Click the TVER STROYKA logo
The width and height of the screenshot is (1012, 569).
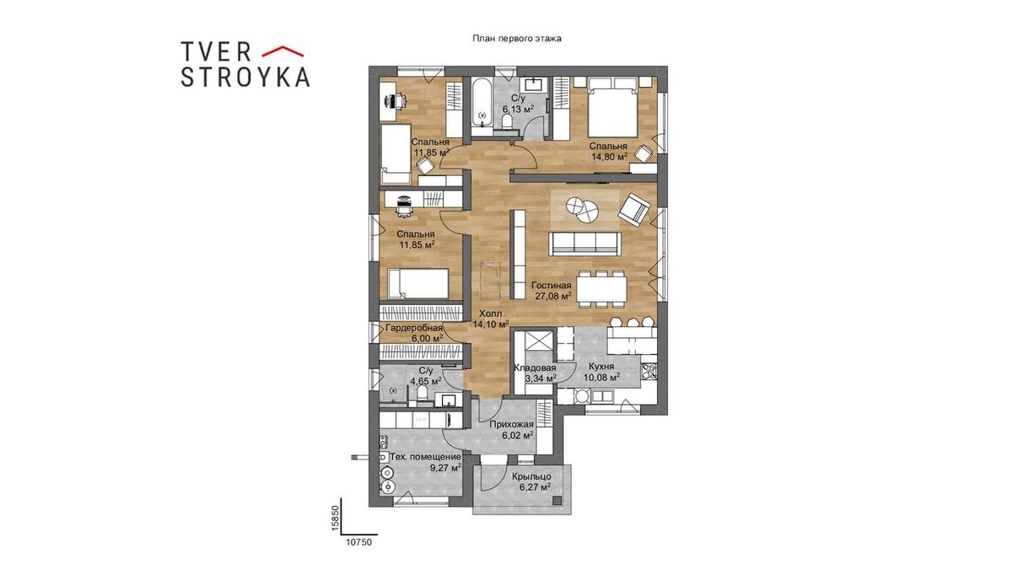[245, 64]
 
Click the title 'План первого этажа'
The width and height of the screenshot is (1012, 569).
[517, 39]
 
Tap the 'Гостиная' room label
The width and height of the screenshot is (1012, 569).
[552, 286]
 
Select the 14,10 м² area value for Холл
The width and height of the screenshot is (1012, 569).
[491, 324]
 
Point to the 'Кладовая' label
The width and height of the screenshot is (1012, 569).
[535, 368]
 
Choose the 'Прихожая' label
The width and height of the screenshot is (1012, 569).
[512, 425]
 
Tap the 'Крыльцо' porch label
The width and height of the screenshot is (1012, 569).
[531, 476]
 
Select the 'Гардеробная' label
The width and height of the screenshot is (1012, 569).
[414, 328]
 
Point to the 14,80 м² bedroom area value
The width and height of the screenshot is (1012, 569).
[610, 157]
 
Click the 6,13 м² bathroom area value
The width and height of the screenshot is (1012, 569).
[518, 109]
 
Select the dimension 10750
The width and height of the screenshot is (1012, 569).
[359, 542]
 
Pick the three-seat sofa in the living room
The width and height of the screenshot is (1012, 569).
[584, 244]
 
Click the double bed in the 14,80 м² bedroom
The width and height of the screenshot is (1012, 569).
[613, 112]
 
